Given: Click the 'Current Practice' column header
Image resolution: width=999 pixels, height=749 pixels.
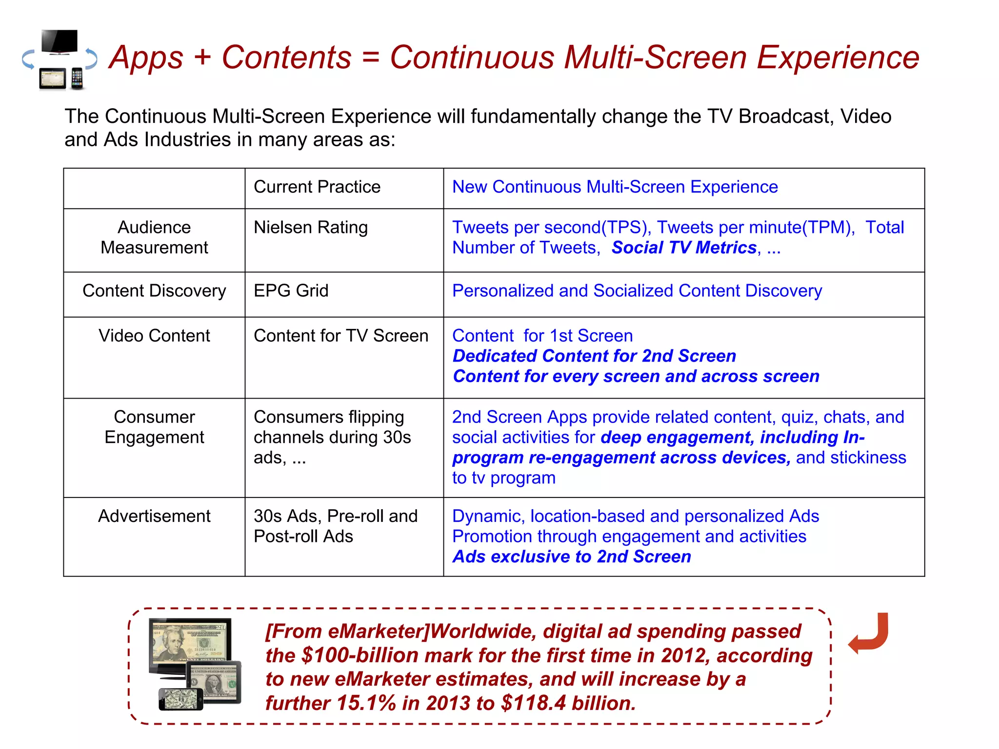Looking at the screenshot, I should (317, 187).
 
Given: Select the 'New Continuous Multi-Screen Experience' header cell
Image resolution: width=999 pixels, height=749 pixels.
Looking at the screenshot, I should (615, 187).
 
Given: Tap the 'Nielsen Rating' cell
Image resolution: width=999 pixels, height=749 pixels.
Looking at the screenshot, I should (310, 228).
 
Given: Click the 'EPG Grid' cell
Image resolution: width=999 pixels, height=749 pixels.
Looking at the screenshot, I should (291, 291).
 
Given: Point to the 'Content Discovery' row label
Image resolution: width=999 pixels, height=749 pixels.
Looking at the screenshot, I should (154, 291).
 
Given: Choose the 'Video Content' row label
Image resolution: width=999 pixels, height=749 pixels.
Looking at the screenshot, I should (154, 336).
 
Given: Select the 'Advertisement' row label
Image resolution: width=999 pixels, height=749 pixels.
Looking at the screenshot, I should (154, 516).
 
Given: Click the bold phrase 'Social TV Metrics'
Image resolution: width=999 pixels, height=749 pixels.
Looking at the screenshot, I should (684, 248).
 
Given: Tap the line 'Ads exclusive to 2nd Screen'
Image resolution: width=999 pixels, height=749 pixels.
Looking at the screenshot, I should (571, 557).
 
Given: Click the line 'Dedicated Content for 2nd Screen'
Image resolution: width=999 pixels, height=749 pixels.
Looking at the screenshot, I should (594, 356).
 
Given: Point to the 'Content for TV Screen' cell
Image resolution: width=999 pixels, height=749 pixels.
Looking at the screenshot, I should (340, 336).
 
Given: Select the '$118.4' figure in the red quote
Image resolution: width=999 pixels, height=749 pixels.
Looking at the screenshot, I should (534, 703).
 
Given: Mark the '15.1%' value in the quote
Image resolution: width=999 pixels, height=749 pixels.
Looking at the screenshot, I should (366, 703).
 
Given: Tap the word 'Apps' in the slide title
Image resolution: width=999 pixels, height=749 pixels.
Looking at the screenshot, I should (146, 58).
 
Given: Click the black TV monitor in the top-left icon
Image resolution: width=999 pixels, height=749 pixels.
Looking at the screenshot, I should (60, 42).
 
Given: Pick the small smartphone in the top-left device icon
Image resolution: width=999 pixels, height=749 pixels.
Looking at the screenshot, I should (77, 78).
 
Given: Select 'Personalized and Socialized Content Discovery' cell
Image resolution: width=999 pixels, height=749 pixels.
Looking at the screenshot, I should (637, 291).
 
